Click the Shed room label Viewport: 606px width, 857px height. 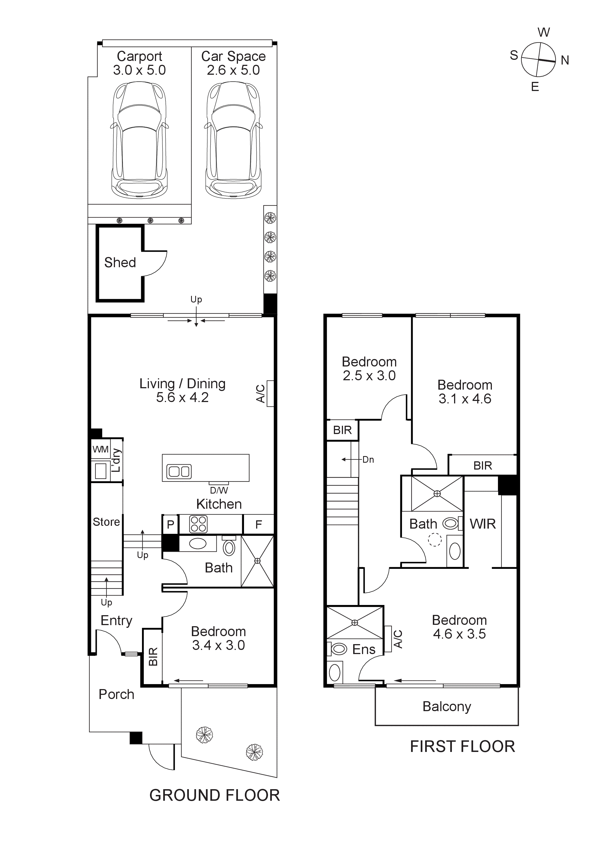tap(120, 263)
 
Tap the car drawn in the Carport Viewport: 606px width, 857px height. tap(139, 140)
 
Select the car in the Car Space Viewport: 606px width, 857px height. tap(233, 140)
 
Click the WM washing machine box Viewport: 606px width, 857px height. tap(100, 449)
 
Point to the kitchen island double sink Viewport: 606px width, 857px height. tap(179, 472)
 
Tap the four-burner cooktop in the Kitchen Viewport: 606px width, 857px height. tap(198, 524)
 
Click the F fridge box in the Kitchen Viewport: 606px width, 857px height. tap(258, 524)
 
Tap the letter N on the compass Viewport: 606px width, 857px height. tap(565, 60)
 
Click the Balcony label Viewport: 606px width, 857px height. tap(447, 706)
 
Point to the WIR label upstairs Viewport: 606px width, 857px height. tap(482, 524)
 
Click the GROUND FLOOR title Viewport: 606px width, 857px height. tap(214, 796)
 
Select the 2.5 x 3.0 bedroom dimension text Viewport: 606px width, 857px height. tap(369, 376)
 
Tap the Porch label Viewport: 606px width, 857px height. tap(116, 694)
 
